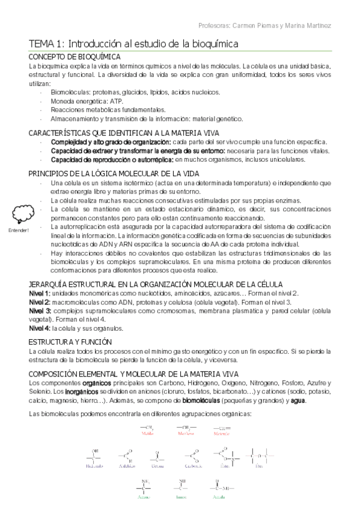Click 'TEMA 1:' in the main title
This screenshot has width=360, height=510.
click(x=47, y=44)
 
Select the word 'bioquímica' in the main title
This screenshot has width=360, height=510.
click(x=214, y=44)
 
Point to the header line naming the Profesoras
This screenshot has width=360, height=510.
click(x=264, y=26)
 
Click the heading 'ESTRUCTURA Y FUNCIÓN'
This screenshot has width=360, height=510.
click(x=65, y=341)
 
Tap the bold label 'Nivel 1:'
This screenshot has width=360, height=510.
click(x=39, y=292)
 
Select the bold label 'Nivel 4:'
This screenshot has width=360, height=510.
click(x=39, y=328)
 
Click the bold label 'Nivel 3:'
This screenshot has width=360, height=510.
click(x=39, y=310)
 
